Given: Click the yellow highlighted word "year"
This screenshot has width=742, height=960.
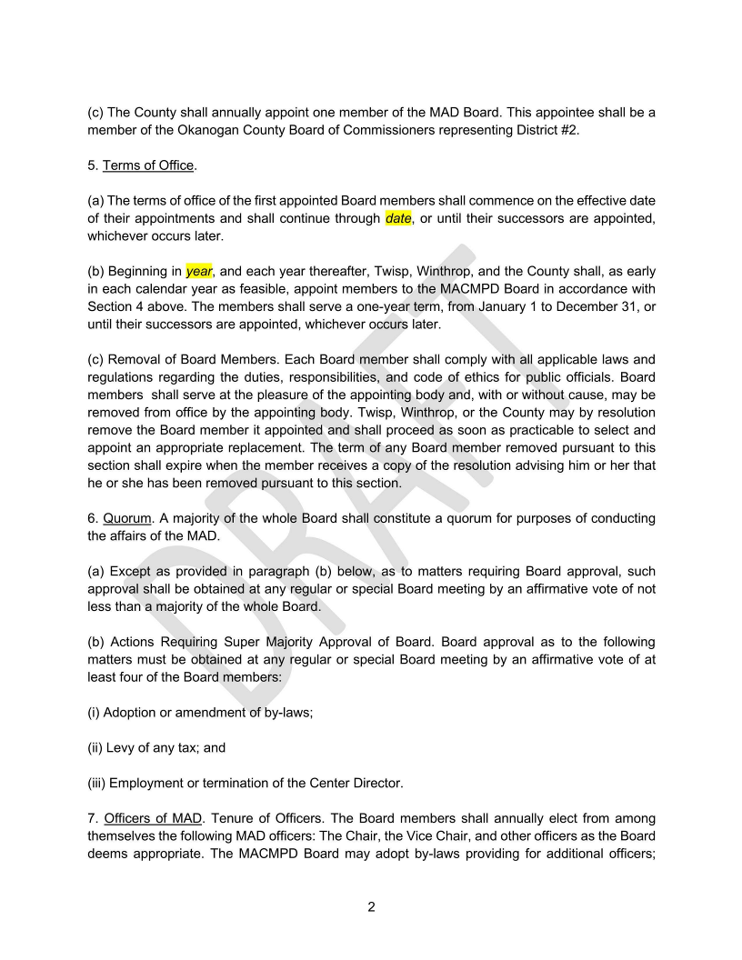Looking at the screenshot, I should pos(199,271).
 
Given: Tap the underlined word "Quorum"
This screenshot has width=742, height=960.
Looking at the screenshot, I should pos(126,518).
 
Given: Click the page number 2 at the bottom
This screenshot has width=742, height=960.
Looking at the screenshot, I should pos(371,906).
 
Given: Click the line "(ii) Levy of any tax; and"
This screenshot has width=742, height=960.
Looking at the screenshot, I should pos(156,748).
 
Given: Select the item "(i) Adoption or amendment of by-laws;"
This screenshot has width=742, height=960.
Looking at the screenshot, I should pos(200,713).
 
